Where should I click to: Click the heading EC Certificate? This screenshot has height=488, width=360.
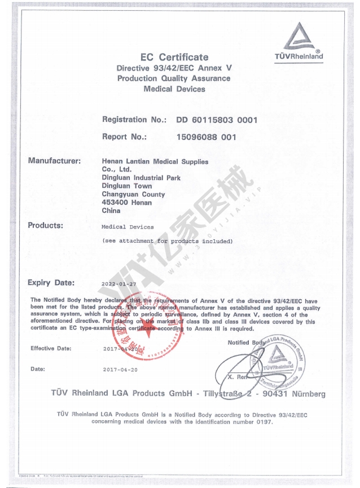174,57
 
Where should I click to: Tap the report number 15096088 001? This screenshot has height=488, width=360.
206,137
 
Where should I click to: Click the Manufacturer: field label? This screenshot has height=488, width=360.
55,161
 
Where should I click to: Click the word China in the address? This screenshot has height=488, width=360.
111,211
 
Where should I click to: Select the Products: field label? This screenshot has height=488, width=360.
46,226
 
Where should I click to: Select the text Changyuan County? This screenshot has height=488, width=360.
134,195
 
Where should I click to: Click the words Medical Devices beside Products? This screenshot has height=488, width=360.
128,227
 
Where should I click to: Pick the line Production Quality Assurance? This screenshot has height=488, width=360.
174,78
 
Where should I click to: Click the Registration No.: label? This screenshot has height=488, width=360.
134,120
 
